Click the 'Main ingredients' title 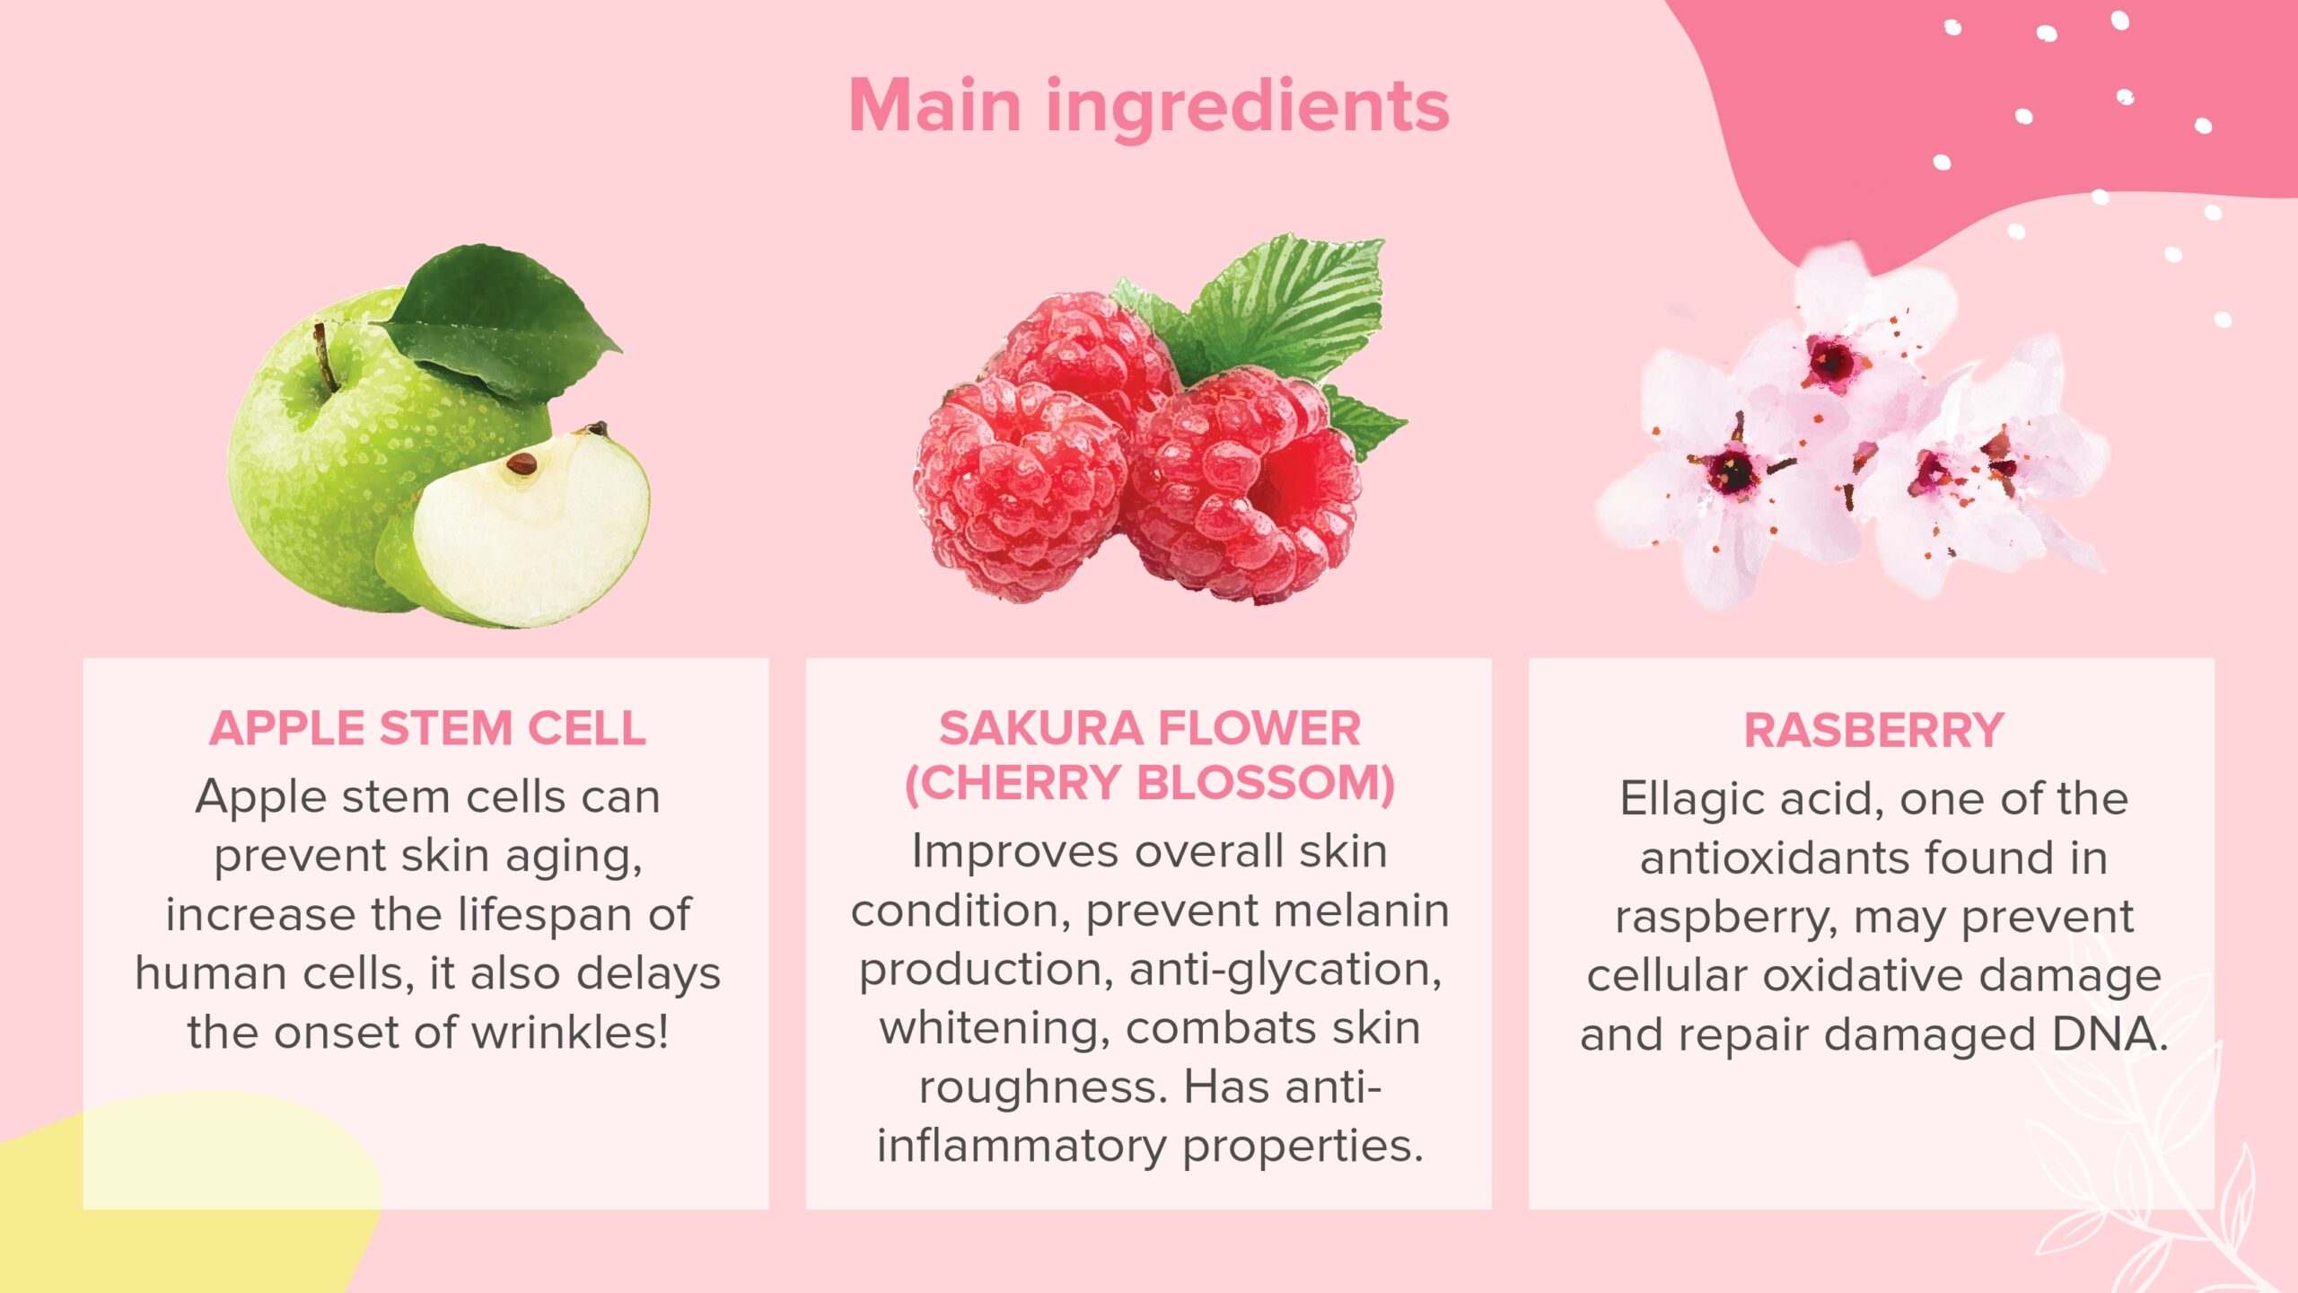[1148, 107]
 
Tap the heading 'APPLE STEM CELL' [427, 728]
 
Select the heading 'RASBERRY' [1873, 730]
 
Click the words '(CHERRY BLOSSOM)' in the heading [1149, 783]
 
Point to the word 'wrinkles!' [571, 1033]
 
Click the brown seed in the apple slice [522, 463]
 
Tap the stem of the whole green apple [324, 357]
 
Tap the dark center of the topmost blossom [1831, 361]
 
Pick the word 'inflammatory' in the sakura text [1022, 1147]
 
